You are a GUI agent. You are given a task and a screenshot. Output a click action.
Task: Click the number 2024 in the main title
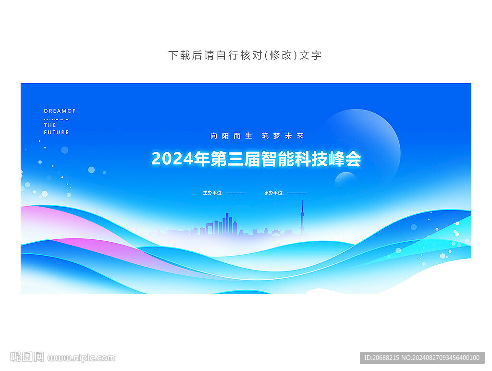pyautogui.click(x=172, y=159)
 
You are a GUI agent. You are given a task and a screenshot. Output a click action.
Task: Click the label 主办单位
pyautogui.click(x=213, y=193)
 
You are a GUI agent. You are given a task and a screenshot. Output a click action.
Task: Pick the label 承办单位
pyautogui.click(x=274, y=193)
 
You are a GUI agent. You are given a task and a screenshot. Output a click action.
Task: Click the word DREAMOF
pyautogui.click(x=60, y=111)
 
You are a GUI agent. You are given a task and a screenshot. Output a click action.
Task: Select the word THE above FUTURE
pyautogui.click(x=50, y=125)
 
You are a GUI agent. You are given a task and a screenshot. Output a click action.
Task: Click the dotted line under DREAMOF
pyautogui.click(x=60, y=118)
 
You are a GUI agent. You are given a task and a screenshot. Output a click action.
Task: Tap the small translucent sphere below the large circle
pyautogui.click(x=345, y=181)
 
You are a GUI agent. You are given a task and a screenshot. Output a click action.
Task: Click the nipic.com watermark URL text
pyautogui.click(x=82, y=358)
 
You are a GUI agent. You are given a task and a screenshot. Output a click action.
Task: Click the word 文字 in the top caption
pyautogui.click(x=310, y=55)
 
